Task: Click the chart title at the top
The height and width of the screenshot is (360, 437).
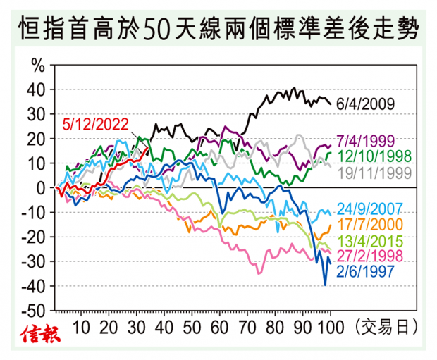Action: (x=218, y=30)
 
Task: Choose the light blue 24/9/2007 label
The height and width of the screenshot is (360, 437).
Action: (x=373, y=209)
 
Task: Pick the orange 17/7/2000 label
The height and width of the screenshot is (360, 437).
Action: (x=373, y=225)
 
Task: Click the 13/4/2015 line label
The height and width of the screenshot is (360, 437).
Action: (x=373, y=240)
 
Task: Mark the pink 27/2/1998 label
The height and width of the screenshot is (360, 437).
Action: (x=373, y=255)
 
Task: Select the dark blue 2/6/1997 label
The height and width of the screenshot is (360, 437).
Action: (x=369, y=271)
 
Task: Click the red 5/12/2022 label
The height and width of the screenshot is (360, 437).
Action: (x=95, y=125)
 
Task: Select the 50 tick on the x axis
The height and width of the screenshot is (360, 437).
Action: (x=191, y=327)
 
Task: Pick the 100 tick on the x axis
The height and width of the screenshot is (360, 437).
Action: (x=331, y=327)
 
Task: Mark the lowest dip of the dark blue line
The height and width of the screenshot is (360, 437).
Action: (x=325, y=285)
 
